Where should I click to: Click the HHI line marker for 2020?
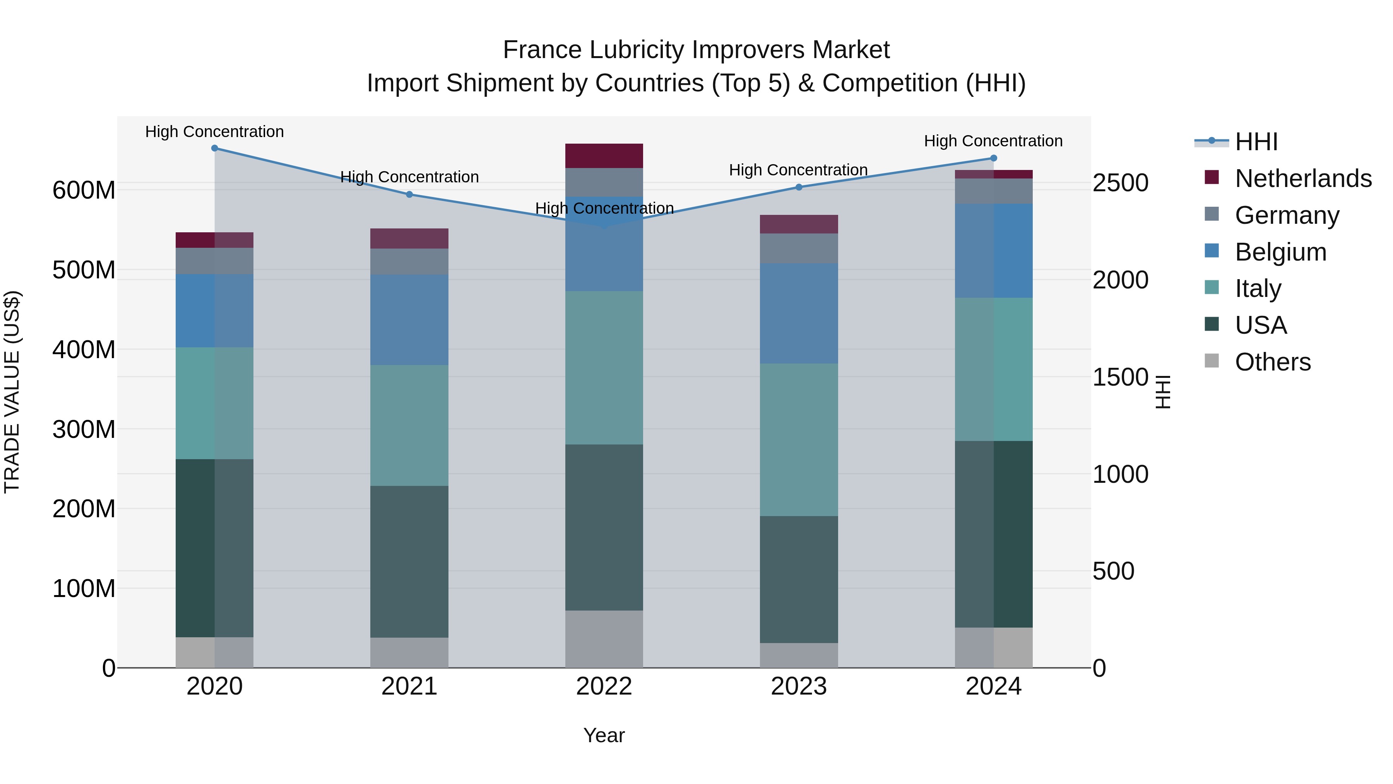tap(215, 148)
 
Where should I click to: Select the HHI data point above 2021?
tap(409, 194)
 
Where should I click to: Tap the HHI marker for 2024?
tap(993, 158)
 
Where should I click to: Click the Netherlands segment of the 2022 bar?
tap(604, 156)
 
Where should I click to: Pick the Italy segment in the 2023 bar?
tap(799, 439)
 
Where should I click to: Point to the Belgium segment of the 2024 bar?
tap(993, 250)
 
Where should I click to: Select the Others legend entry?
tap(1272, 362)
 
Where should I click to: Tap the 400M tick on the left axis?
tap(84, 350)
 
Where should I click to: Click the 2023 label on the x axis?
tap(799, 686)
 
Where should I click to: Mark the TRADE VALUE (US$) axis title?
tap(12, 392)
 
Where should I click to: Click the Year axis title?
tap(604, 735)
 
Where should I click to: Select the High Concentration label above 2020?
tap(215, 132)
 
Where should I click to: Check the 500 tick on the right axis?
tap(1113, 571)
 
